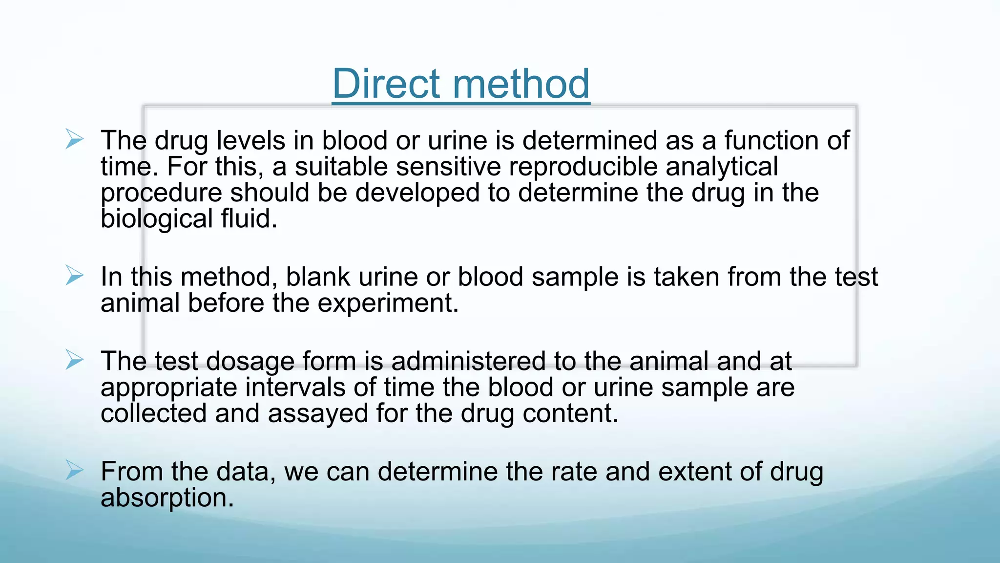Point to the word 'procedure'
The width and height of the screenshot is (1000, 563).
[x=161, y=193]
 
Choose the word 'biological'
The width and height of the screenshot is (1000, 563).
[x=157, y=219]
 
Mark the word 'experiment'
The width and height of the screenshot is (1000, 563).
[x=388, y=303]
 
